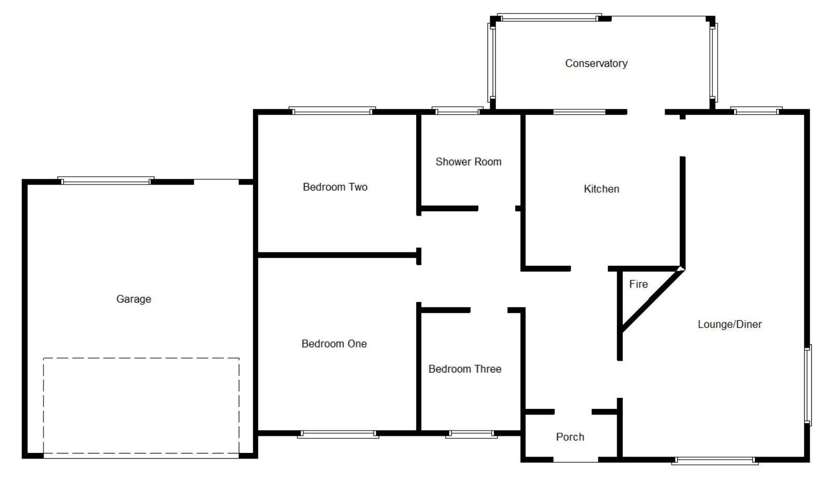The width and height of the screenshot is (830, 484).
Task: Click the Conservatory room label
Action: click(x=596, y=63)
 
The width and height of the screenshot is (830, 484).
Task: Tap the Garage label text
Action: click(x=134, y=299)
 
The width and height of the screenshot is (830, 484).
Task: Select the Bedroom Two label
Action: click(x=335, y=187)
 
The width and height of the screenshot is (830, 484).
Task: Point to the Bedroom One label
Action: click(x=334, y=344)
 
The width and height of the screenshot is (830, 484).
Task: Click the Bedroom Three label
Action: click(x=465, y=369)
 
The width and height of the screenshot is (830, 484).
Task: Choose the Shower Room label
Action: click(x=468, y=162)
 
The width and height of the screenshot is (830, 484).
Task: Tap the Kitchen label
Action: click(x=601, y=189)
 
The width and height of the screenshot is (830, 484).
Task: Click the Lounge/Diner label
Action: click(x=729, y=324)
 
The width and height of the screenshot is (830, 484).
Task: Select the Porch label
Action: click(x=570, y=437)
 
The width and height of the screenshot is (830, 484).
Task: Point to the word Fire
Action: click(x=638, y=284)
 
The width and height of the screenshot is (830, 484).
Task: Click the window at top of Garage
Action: click(x=106, y=181)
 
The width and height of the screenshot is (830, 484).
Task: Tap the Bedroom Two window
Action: click(x=332, y=110)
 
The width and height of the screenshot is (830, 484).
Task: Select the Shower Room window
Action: click(x=457, y=110)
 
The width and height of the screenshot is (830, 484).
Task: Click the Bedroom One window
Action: click(x=338, y=434)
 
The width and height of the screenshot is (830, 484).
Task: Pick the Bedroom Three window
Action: click(x=471, y=434)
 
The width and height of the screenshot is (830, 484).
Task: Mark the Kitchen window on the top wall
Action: click(x=579, y=111)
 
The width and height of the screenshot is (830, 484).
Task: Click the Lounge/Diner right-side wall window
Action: click(x=808, y=385)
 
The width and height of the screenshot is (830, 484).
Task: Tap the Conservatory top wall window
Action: click(x=549, y=18)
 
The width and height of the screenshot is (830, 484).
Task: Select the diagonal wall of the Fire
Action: click(x=652, y=300)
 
